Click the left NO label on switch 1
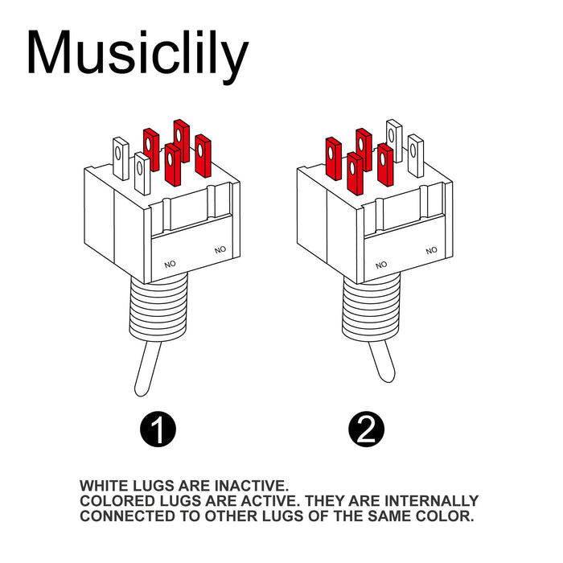click(170, 264)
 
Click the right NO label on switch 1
click(220, 250)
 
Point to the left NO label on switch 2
click(381, 264)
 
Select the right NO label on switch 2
click(432, 250)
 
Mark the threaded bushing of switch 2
click(369, 306)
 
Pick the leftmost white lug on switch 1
click(121, 158)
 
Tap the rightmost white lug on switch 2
click(415, 155)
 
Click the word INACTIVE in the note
click(250, 486)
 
